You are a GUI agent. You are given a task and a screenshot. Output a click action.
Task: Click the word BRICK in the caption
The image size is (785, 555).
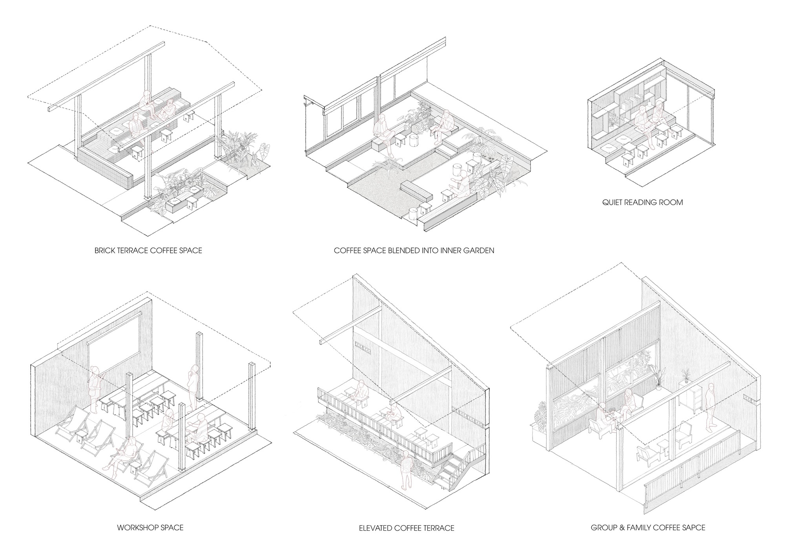(x=103, y=250)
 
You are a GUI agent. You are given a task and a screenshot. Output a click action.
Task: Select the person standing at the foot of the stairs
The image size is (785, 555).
(x=405, y=471)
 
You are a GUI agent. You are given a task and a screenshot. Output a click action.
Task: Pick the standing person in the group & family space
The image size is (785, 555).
(x=709, y=406)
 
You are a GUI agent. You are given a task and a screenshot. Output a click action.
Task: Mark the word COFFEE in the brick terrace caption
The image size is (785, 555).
(x=156, y=250)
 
